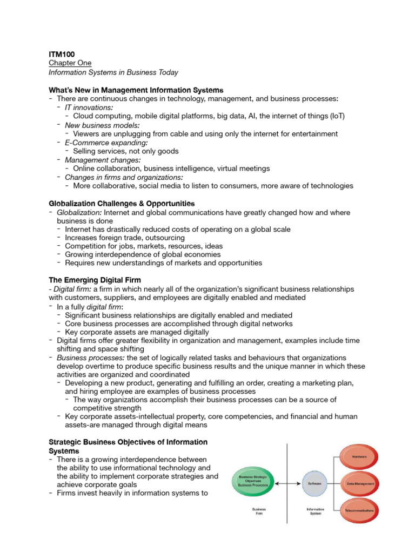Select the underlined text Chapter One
pos(70,63)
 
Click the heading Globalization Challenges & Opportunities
pos(122,204)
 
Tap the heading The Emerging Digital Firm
pos(95,280)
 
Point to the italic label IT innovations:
pos(89,107)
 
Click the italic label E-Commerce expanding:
pos(98,143)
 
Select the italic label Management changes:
pos(95,160)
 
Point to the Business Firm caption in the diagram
pos(259,511)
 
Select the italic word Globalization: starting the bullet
pos(79,213)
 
